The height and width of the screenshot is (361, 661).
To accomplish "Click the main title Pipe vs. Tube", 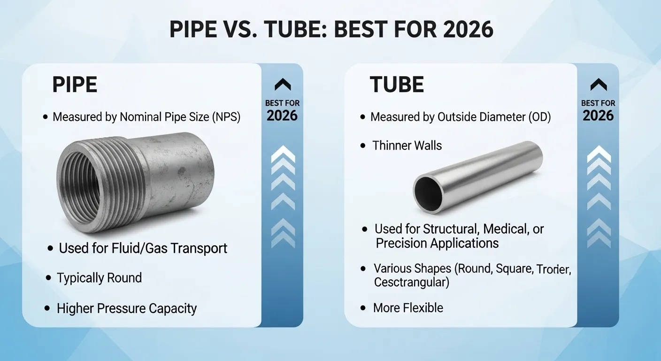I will coord(331,29).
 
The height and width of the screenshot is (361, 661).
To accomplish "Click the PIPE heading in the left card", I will coord(75,85).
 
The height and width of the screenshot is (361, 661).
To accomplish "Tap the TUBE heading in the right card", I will coord(397,85).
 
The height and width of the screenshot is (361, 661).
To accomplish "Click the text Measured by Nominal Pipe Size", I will coord(146,117).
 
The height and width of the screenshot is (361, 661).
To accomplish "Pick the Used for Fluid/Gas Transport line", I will coord(143,248).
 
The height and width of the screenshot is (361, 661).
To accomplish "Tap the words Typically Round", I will coord(99,278).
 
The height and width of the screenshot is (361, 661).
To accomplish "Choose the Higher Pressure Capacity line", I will coord(127,308).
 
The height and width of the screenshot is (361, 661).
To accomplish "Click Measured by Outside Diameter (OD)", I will coord(461,117).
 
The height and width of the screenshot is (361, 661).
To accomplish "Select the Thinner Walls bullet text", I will coord(407,146).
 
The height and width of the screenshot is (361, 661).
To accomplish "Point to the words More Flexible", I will coord(408,308).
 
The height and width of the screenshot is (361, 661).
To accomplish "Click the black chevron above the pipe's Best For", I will coord(282,85).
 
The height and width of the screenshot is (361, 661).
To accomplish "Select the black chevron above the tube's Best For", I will coord(598,85).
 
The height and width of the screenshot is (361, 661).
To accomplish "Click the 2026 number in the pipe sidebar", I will coord(282,116).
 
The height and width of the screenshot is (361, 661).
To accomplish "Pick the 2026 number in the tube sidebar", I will coord(598,116).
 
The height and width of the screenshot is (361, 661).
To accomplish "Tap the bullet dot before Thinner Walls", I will coord(363,146).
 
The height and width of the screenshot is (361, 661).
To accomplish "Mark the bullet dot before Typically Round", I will coord(48,278).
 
